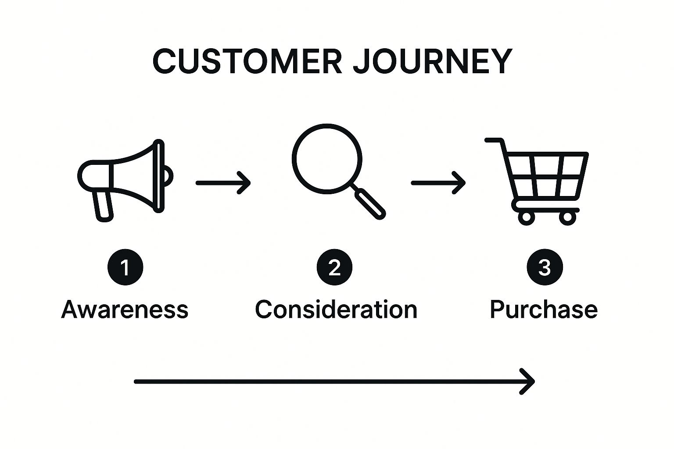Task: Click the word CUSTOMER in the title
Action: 247,61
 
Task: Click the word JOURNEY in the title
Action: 432,61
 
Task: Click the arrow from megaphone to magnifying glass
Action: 223,182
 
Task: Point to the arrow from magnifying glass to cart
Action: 438,182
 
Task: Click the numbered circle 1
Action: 125,267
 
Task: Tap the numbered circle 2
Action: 334,267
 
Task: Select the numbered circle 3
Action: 545,267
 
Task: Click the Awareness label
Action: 125,310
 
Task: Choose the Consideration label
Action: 336,310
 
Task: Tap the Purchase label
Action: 544,310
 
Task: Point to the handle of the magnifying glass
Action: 370,203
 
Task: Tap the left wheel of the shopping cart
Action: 526,217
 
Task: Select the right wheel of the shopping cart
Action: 567,217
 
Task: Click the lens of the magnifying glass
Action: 327,158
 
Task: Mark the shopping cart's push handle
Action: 494,140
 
